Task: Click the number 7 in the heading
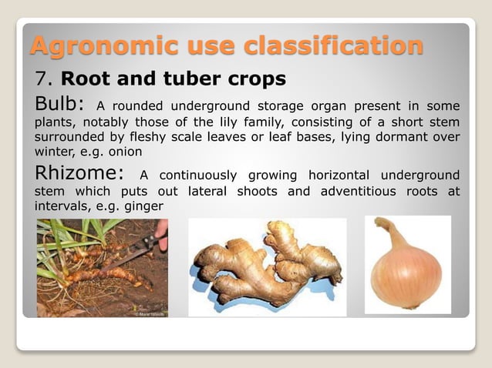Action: pos(42,79)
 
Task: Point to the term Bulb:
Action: pos(60,105)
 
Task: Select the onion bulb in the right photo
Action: pos(407,277)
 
